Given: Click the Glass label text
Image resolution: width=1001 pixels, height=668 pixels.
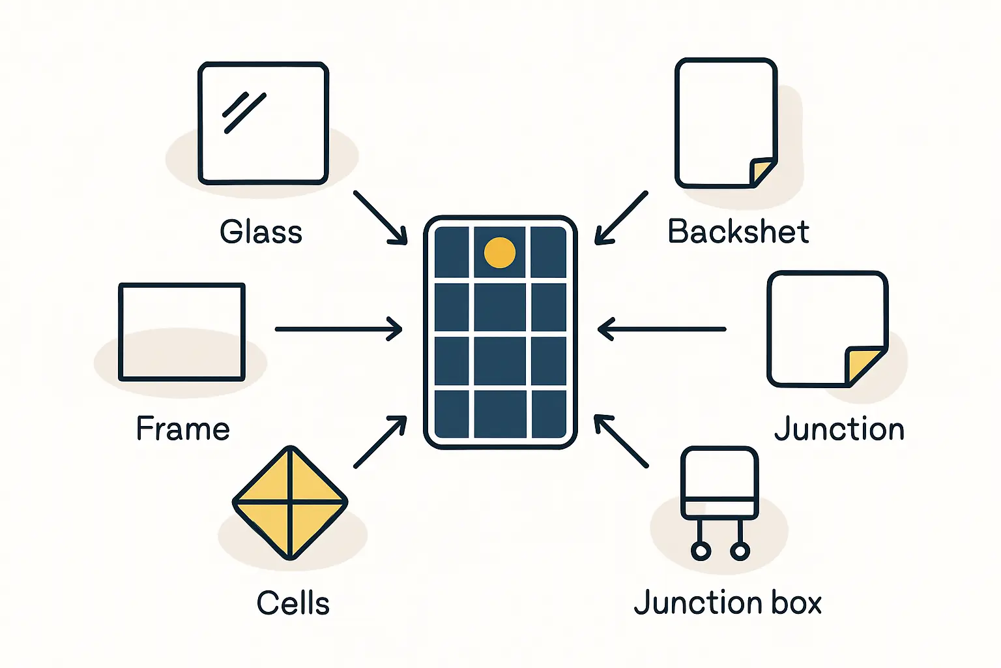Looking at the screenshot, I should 261,232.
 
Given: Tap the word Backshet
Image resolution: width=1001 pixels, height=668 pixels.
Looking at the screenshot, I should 738,232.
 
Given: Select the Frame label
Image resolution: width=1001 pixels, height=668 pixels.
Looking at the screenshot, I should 183,429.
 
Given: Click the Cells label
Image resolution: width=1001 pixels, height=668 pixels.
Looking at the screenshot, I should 293,603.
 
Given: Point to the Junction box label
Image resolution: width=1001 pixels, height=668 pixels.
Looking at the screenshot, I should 727,602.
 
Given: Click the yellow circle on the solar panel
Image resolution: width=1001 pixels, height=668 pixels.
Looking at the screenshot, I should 500,253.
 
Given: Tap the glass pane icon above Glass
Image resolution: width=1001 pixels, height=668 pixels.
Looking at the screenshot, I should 263,123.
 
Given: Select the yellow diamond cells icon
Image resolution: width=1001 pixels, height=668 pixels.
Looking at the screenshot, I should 290,503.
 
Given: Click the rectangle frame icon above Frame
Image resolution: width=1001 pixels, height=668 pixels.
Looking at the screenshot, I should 182,332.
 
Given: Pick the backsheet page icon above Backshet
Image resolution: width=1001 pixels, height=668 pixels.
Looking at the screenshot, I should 725,123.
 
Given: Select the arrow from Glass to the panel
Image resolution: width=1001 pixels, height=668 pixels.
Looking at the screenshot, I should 380,217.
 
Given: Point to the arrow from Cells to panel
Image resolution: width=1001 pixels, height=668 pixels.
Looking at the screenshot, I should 380,442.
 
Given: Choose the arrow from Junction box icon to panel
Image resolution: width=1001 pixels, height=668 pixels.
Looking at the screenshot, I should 621,442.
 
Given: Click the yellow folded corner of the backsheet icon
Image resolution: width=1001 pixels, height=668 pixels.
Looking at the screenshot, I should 760,172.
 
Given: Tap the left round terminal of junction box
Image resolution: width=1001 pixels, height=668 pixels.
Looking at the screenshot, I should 701,551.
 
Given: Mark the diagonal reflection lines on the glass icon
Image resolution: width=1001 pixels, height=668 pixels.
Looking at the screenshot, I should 244,112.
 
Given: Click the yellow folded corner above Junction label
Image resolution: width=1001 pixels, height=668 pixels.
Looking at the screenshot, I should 862,365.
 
